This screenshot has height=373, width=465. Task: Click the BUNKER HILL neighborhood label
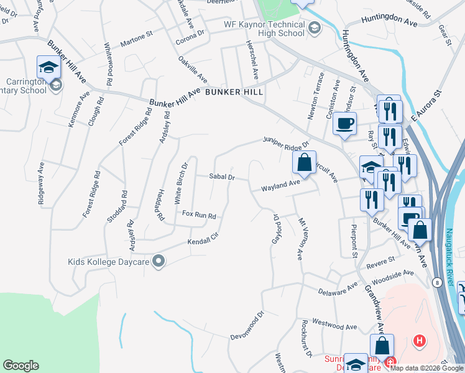click(234, 91)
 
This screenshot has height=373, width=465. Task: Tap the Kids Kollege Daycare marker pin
click(159, 262)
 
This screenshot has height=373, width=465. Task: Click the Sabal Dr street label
click(221, 177)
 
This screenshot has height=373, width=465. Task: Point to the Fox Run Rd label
click(199, 215)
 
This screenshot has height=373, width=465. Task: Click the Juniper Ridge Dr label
click(286, 143)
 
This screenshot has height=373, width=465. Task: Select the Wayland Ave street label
click(281, 185)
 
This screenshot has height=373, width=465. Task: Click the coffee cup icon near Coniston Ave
click(344, 123)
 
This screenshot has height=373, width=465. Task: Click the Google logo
click(21, 366)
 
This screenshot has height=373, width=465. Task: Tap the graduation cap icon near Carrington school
click(47, 66)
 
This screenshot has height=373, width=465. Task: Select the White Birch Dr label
click(181, 184)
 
